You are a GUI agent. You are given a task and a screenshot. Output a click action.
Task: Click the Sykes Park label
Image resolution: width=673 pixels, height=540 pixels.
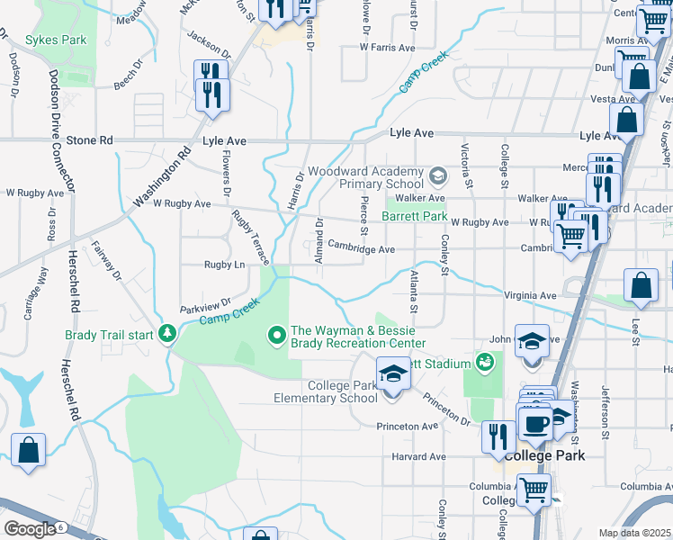pyautogui.click(x=56, y=40)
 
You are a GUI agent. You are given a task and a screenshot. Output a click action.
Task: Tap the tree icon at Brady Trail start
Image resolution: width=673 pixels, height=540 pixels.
pyautogui.click(x=166, y=335)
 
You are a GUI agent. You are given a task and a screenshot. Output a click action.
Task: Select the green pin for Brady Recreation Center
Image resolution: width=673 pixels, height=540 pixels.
pyautogui.click(x=277, y=337)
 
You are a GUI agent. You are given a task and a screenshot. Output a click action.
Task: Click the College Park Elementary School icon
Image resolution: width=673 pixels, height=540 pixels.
pyautogui.click(x=393, y=373)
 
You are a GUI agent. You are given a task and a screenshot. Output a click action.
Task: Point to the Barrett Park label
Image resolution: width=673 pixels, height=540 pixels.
pyautogui.click(x=414, y=217)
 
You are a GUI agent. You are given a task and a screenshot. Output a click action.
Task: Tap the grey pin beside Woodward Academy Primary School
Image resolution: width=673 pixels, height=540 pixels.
pyautogui.click(x=437, y=175)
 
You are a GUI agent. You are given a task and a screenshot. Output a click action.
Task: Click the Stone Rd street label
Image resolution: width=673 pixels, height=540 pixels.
pyautogui.click(x=91, y=141)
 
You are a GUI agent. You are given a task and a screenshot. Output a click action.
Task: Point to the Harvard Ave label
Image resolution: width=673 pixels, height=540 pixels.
pyautogui.click(x=419, y=457)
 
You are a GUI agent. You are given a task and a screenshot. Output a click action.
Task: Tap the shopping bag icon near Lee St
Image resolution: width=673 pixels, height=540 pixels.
pyautogui.click(x=640, y=285)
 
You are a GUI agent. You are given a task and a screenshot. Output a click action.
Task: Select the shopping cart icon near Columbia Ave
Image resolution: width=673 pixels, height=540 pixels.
pyautogui.click(x=534, y=491)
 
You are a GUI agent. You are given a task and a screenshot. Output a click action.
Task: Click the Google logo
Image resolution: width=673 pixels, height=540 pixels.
pyautogui.click(x=30, y=529)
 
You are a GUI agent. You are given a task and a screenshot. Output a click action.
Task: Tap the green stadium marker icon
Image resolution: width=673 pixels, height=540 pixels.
pyautogui.click(x=486, y=363)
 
